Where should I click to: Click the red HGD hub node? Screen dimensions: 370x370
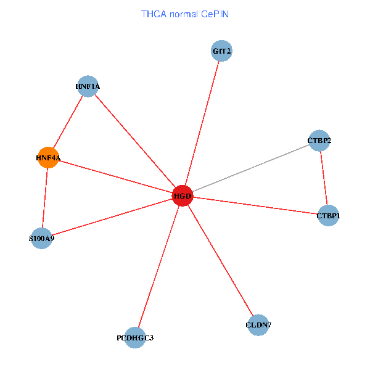point(183,196)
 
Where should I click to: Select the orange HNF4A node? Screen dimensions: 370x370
point(48,158)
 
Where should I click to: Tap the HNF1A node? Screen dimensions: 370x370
point(88,86)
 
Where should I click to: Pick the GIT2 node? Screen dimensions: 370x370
point(221,51)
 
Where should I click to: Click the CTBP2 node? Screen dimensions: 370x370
point(319,141)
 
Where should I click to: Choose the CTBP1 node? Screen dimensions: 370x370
point(328,215)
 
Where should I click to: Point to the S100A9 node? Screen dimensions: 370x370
point(41,237)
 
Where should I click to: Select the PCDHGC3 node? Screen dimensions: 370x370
point(135,337)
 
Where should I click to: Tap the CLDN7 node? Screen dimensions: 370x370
point(258,324)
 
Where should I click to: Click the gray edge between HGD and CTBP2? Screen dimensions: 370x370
point(250,168)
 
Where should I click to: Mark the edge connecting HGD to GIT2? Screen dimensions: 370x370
point(202,123)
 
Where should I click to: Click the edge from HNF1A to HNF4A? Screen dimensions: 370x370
point(68,122)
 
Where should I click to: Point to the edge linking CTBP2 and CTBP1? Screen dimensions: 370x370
point(323,178)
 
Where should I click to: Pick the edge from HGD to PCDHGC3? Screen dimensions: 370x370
point(158,266)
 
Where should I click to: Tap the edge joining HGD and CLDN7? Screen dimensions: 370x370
point(220,260)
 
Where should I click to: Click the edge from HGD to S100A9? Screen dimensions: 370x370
point(112,217)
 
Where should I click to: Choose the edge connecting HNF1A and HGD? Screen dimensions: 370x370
point(136,141)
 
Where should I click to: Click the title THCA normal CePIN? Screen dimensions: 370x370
point(185,14)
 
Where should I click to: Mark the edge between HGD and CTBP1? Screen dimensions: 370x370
point(255,206)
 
